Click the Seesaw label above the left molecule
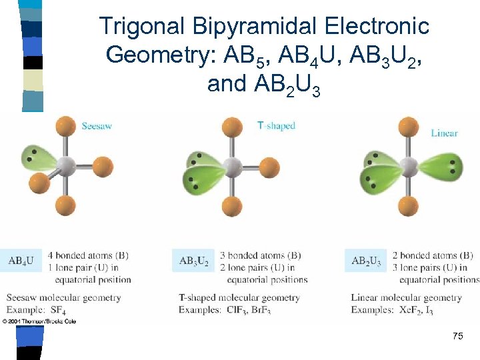click(x=97, y=125)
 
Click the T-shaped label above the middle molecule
click(x=276, y=125)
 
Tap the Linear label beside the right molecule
click(x=444, y=133)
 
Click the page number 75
click(x=457, y=336)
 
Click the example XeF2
click(x=413, y=310)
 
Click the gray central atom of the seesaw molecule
click(x=66, y=165)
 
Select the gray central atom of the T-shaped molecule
click(x=232, y=167)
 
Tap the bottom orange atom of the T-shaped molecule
click(x=232, y=207)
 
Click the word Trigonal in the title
click(x=140, y=27)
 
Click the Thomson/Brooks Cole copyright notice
click(x=39, y=321)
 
